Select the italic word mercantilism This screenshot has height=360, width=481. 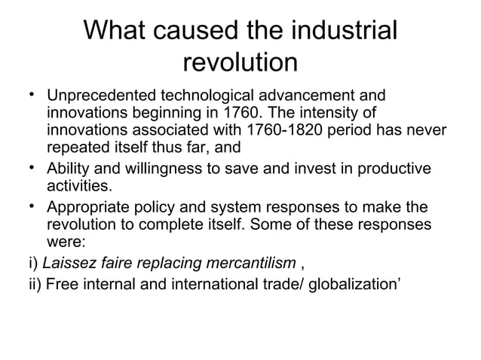click(x=253, y=263)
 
